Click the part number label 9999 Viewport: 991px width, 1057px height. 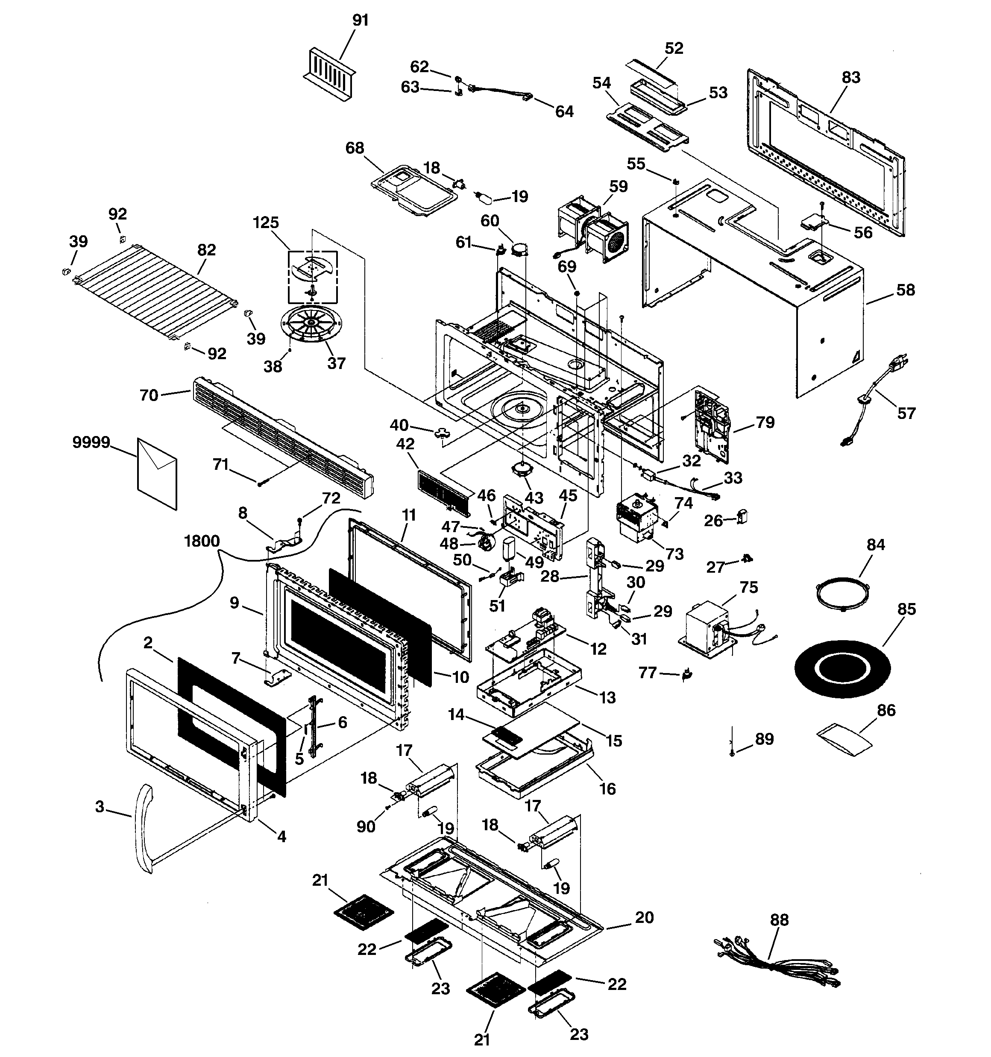click(91, 442)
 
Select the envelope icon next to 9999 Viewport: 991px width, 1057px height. click(157, 473)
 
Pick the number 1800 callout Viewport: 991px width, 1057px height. click(202, 541)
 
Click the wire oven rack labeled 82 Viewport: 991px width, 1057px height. click(154, 293)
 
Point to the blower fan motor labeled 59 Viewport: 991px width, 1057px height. click(593, 231)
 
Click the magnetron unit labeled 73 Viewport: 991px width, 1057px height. click(638, 518)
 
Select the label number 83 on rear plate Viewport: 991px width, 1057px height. click(850, 78)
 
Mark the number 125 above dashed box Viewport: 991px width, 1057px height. click(266, 222)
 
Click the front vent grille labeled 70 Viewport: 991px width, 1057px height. click(282, 439)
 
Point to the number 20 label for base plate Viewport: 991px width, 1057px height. click(644, 917)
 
